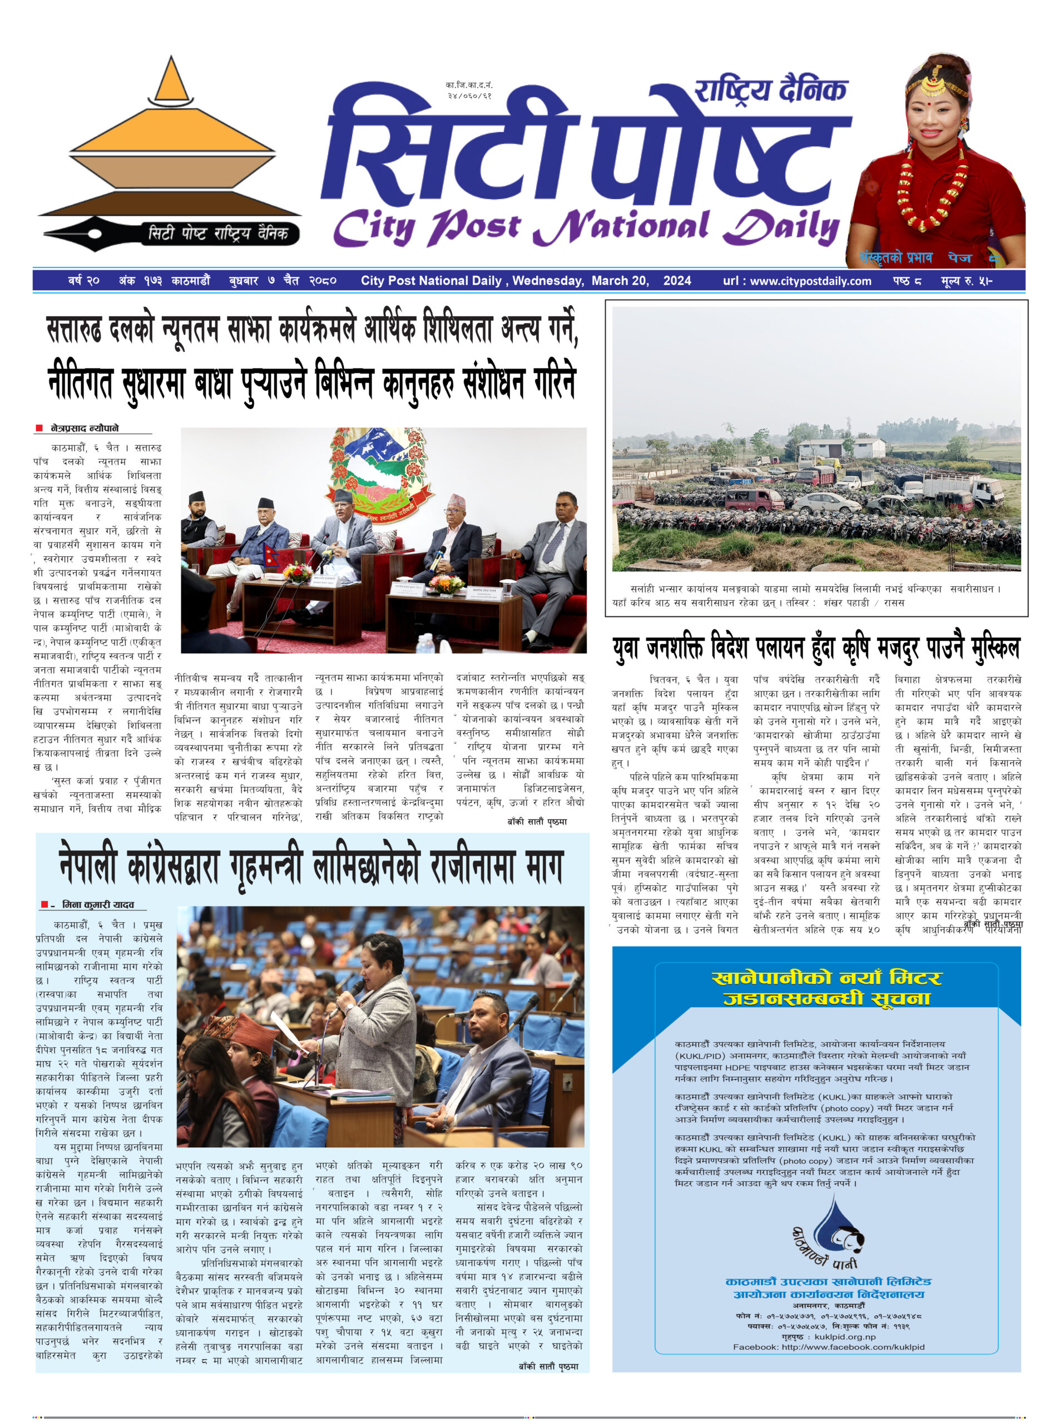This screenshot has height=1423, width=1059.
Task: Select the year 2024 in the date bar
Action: click(x=677, y=281)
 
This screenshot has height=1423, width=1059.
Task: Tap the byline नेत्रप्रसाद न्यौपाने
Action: click(x=85, y=428)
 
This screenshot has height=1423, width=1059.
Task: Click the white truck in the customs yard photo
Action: click(x=962, y=490)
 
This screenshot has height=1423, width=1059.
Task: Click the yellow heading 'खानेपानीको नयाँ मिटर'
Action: click(x=827, y=978)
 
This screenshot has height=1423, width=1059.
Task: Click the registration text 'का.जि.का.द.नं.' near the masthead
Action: click(x=469, y=84)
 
